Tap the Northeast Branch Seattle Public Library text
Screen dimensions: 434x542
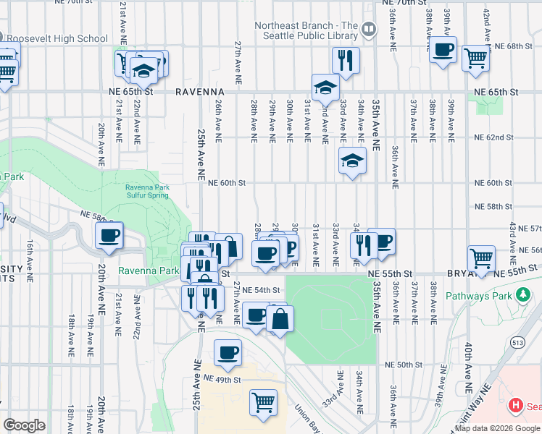click(307, 30)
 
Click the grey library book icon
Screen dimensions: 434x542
click(370, 30)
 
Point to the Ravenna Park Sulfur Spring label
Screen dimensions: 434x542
click(146, 191)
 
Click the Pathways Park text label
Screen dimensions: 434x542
click(478, 295)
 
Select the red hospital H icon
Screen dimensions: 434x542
click(517, 406)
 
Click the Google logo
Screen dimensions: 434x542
click(24, 425)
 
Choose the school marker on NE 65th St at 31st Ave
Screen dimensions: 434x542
click(326, 88)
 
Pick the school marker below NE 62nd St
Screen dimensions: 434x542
click(352, 160)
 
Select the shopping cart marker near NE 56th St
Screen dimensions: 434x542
click(481, 258)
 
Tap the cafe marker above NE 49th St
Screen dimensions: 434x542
click(228, 352)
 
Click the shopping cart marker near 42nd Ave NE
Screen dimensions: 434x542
click(475, 56)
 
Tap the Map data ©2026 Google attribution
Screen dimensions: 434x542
click(496, 428)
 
